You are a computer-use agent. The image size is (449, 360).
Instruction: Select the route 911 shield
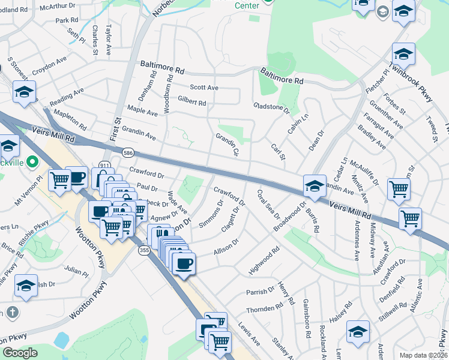coord(104,165)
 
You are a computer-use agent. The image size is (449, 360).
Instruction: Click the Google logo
coord(20,353)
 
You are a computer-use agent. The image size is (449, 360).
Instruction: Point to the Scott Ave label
coord(204,88)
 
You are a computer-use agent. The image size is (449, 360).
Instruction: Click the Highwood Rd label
coord(264,260)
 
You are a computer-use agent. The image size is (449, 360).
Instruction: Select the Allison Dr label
coord(226,247)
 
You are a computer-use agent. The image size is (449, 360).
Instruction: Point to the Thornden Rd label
coord(264,309)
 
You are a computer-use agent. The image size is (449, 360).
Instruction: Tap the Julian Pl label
coord(76,271)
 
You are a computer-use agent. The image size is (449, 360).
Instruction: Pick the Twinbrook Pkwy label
coord(414,75)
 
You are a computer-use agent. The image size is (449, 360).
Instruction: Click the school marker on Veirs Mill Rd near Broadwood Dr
coord(315,185)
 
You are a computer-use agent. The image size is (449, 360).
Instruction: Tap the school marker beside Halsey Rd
coord(358,331)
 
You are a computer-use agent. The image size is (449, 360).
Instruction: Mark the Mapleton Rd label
coord(70,119)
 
